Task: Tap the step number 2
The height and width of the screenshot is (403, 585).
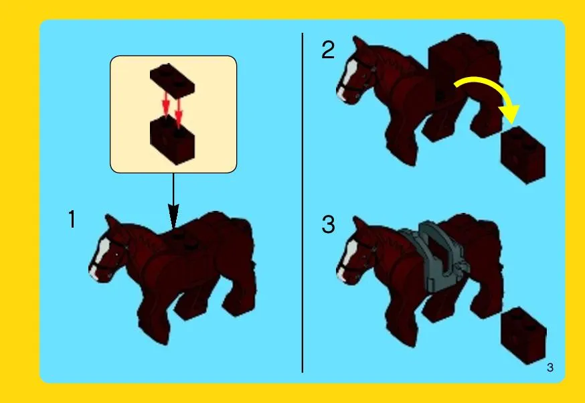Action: [328, 50]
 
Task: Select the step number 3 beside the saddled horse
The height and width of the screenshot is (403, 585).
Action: [328, 225]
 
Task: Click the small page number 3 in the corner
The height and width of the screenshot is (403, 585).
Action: [550, 368]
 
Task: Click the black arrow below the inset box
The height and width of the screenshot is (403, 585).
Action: [173, 201]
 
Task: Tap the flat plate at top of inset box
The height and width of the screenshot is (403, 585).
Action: [172, 78]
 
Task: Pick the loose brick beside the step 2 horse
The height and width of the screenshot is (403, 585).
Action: [523, 155]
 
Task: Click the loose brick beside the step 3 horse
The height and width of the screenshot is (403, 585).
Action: [523, 336]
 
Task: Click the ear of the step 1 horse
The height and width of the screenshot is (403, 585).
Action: [111, 223]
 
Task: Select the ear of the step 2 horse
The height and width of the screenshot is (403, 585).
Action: [359, 46]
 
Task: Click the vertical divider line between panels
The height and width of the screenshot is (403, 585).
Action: [303, 203]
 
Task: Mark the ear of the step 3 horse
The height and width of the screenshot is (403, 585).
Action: [359, 226]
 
